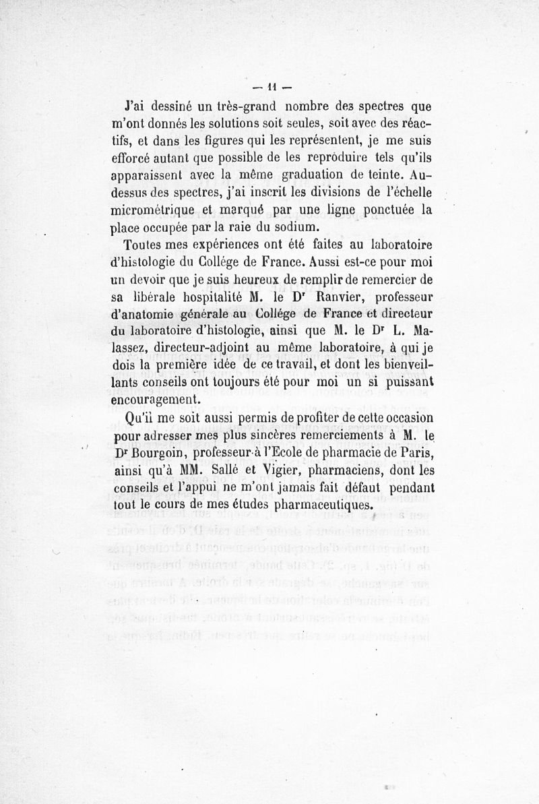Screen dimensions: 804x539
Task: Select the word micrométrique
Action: tap(150, 210)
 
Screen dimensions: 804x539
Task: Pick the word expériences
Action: tap(203, 245)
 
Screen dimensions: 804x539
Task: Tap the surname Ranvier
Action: tap(311, 296)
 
